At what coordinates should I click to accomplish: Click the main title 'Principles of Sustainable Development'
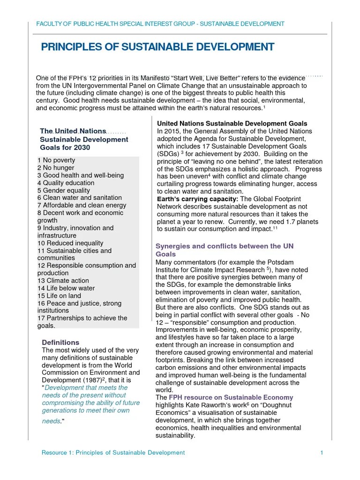[x=157, y=47]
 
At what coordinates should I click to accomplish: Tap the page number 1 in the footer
[x=322, y=452]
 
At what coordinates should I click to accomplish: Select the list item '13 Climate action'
[x=63, y=280]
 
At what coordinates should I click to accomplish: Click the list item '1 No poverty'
[x=56, y=160]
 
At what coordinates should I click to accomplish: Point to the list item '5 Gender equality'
[x=63, y=190]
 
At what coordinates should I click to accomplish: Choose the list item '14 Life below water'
[x=66, y=288]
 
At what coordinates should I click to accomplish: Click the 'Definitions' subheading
[x=60, y=342]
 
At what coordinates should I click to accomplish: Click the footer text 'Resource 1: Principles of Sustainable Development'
[x=113, y=452]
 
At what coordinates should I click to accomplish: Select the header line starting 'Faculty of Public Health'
[x=160, y=23]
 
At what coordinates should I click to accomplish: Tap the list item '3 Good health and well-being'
[x=81, y=175]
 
